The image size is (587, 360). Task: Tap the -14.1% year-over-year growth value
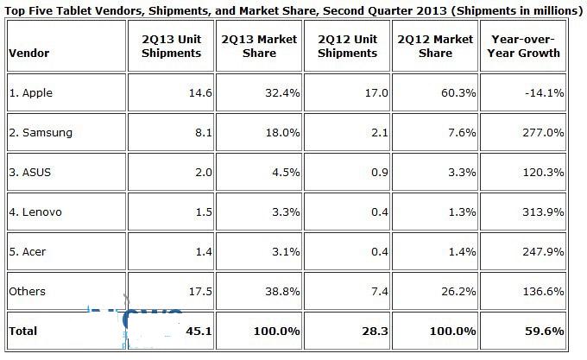(x=545, y=93)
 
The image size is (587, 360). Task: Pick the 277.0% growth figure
(x=545, y=133)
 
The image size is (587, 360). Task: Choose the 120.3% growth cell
(x=545, y=172)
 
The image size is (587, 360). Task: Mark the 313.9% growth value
(x=545, y=212)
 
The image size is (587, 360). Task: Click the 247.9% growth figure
(x=545, y=251)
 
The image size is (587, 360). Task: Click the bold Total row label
(x=24, y=331)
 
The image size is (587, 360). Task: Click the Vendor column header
(x=28, y=53)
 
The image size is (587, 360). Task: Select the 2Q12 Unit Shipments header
(x=347, y=46)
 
